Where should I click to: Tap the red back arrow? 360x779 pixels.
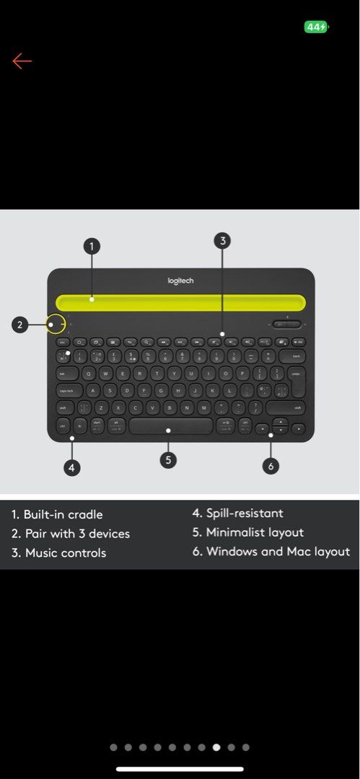[x=22, y=61]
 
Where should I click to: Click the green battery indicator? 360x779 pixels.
[x=317, y=27]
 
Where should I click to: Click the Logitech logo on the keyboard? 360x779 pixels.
[x=180, y=281]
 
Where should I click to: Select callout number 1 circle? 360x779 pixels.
[x=91, y=247]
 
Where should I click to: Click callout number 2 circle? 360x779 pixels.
[x=20, y=325]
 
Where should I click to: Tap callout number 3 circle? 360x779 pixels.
[x=223, y=241]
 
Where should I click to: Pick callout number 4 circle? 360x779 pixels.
[x=71, y=467]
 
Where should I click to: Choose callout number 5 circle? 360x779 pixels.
[x=168, y=459]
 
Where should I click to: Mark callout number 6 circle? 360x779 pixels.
[x=271, y=466]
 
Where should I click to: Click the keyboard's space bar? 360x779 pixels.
[x=171, y=426]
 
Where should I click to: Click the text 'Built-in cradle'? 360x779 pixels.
[x=63, y=514]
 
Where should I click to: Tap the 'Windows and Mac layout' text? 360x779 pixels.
[x=278, y=552]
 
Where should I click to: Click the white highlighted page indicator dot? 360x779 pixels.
[x=216, y=747]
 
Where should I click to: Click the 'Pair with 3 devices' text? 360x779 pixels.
[x=77, y=534]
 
